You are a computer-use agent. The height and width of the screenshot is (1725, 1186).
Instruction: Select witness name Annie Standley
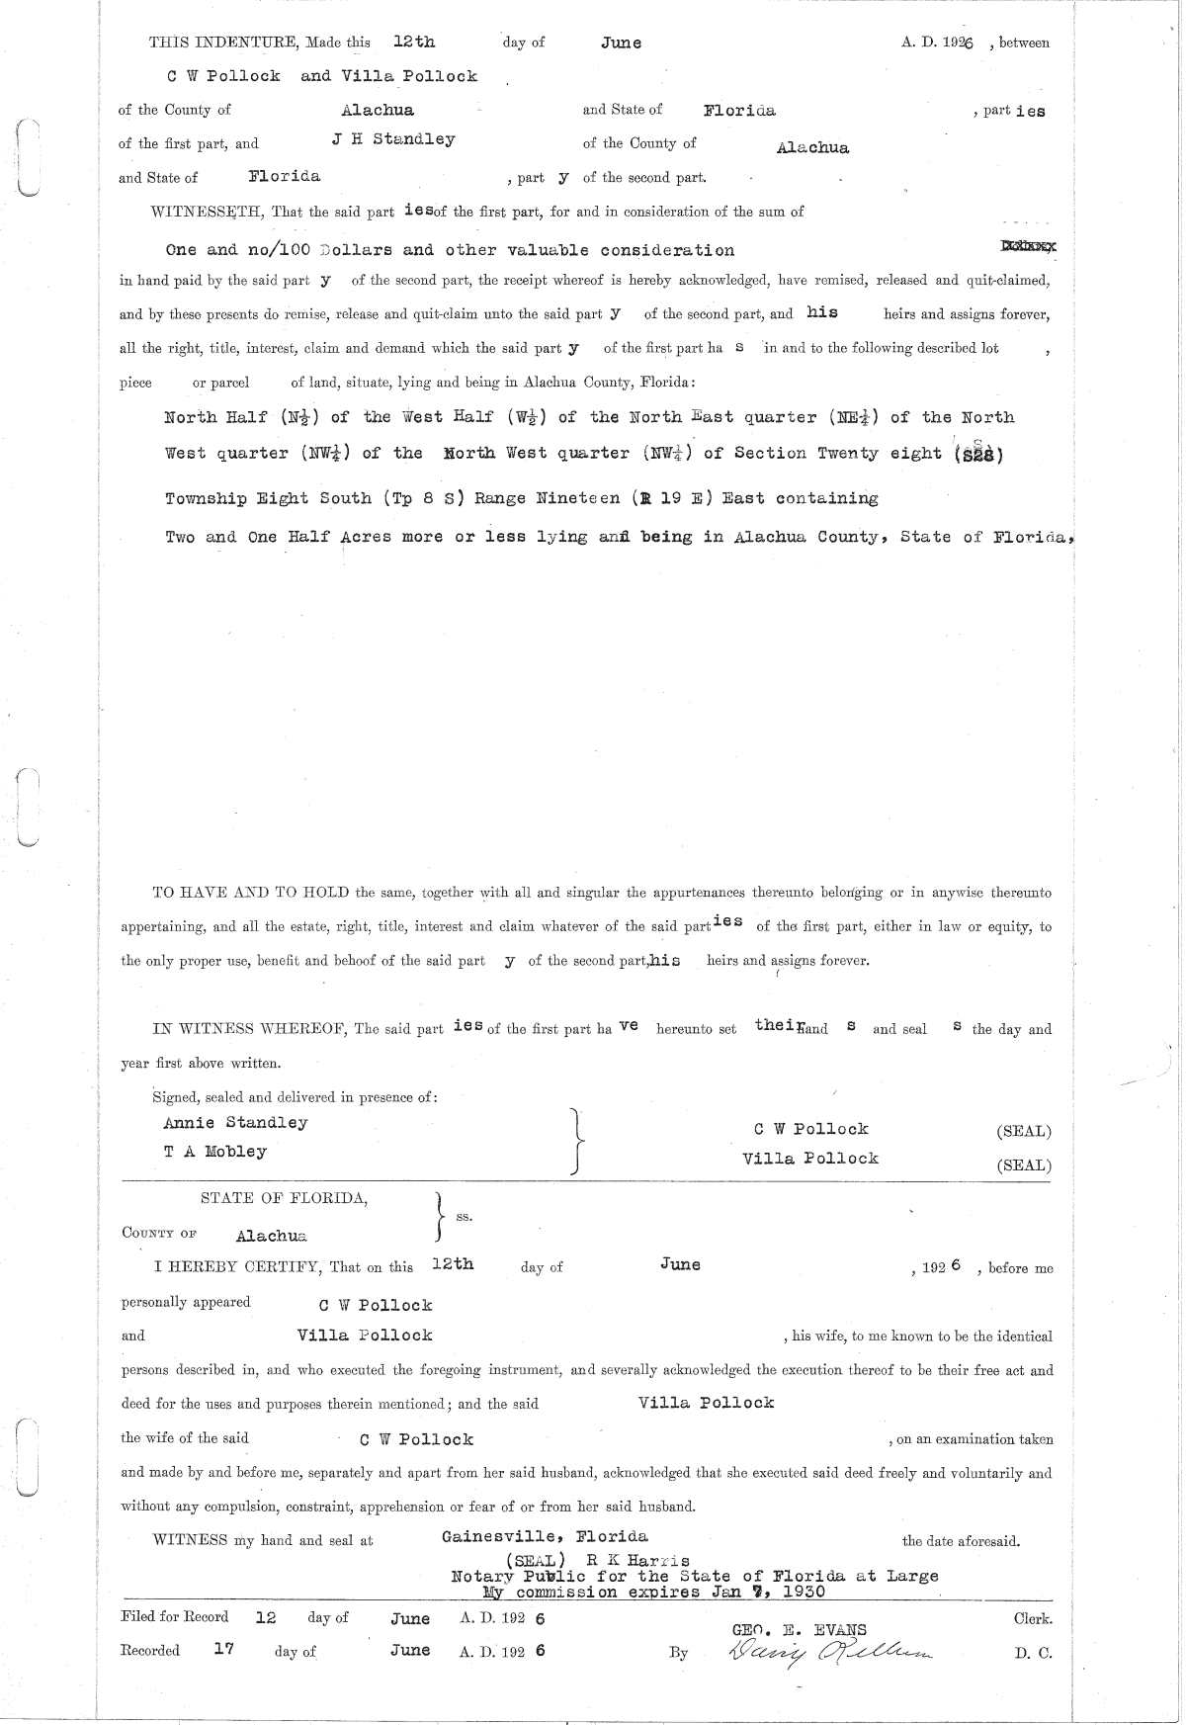coord(235,1123)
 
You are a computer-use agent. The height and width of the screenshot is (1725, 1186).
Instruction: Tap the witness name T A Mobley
coord(215,1152)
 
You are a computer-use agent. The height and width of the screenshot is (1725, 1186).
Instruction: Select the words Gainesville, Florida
coord(545,1536)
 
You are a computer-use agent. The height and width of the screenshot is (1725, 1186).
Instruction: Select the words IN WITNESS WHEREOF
coord(247,1029)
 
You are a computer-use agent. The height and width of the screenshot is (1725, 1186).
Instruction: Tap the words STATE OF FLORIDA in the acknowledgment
coord(285,1199)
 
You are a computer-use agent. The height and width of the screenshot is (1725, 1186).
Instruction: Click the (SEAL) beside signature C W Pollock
coord(1024,1131)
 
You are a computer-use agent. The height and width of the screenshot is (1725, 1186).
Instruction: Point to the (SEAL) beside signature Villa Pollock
coord(1024,1164)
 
